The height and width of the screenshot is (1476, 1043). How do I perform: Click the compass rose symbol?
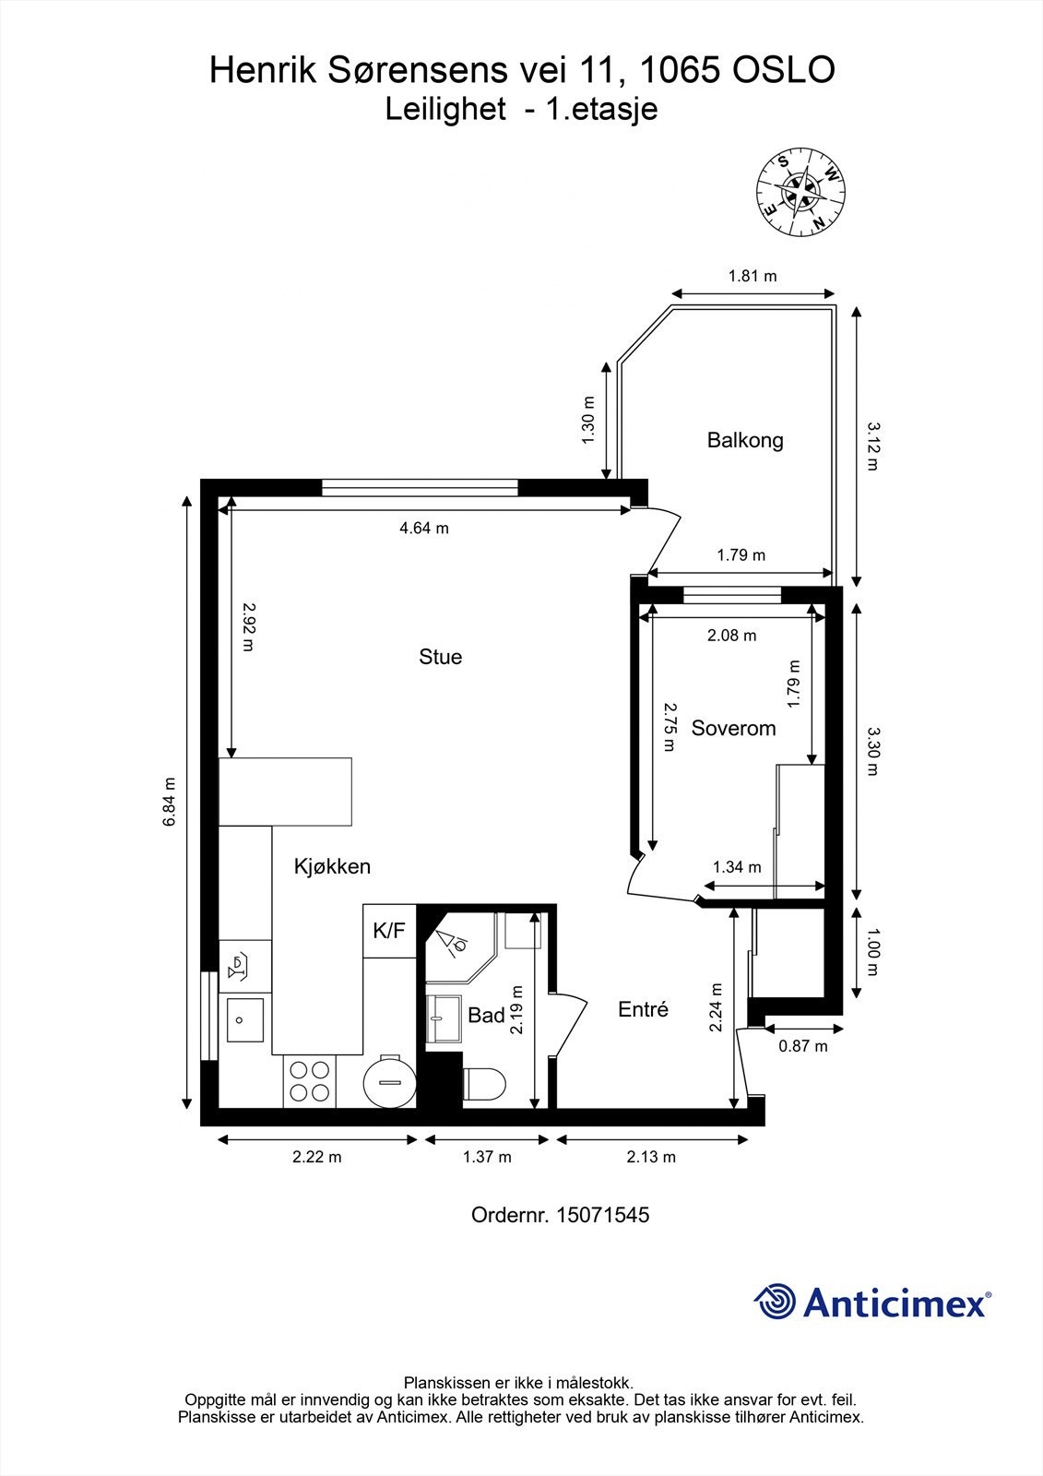tap(800, 193)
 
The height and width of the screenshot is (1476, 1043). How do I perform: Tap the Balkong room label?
tap(745, 439)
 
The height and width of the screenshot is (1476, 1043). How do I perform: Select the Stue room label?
tap(440, 656)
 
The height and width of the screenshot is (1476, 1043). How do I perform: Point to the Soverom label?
tap(733, 728)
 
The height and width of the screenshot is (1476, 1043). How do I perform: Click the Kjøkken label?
tap(332, 866)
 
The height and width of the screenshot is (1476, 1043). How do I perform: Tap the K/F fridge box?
tap(389, 931)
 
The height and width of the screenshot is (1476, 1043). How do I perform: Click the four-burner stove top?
tap(310, 1080)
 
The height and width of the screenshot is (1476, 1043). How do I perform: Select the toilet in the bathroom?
tap(483, 1084)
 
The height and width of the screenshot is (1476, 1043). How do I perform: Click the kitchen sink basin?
tap(245, 1020)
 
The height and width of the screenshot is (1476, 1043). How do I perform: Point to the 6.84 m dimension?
tap(170, 802)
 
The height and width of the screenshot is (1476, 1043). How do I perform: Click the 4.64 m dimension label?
tap(424, 528)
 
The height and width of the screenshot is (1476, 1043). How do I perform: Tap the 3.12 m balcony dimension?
tap(872, 446)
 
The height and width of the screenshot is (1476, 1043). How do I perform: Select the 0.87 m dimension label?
tap(802, 1046)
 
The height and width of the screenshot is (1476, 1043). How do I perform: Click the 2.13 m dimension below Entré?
tap(651, 1157)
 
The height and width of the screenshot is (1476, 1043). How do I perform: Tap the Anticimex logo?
tap(873, 1302)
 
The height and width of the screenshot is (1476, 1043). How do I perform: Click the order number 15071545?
tap(603, 1214)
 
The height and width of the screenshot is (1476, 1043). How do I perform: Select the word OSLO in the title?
tap(784, 70)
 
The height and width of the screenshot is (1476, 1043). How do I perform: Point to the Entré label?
tap(643, 1009)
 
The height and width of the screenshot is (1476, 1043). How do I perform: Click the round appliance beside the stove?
tap(389, 1082)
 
